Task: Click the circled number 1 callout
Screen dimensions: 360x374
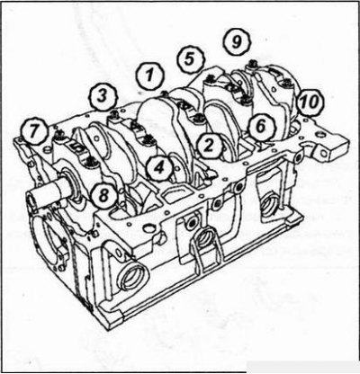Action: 149,76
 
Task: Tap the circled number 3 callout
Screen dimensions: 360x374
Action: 103,97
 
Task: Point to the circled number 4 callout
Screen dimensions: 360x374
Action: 159,169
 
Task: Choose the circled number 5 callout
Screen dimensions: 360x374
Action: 190,59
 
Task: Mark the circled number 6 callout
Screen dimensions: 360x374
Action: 261,127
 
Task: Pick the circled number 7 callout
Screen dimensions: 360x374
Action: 34,131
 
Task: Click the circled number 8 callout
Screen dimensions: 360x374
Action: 103,196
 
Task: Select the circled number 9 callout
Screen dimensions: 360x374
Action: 237,42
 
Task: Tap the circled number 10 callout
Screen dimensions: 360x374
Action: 310,102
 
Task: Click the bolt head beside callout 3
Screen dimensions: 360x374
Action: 114,114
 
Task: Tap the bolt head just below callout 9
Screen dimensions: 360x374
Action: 253,64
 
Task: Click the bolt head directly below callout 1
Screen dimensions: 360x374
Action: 165,93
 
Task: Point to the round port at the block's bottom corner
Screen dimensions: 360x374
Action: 132,276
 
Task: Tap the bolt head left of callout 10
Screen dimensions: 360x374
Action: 284,81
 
